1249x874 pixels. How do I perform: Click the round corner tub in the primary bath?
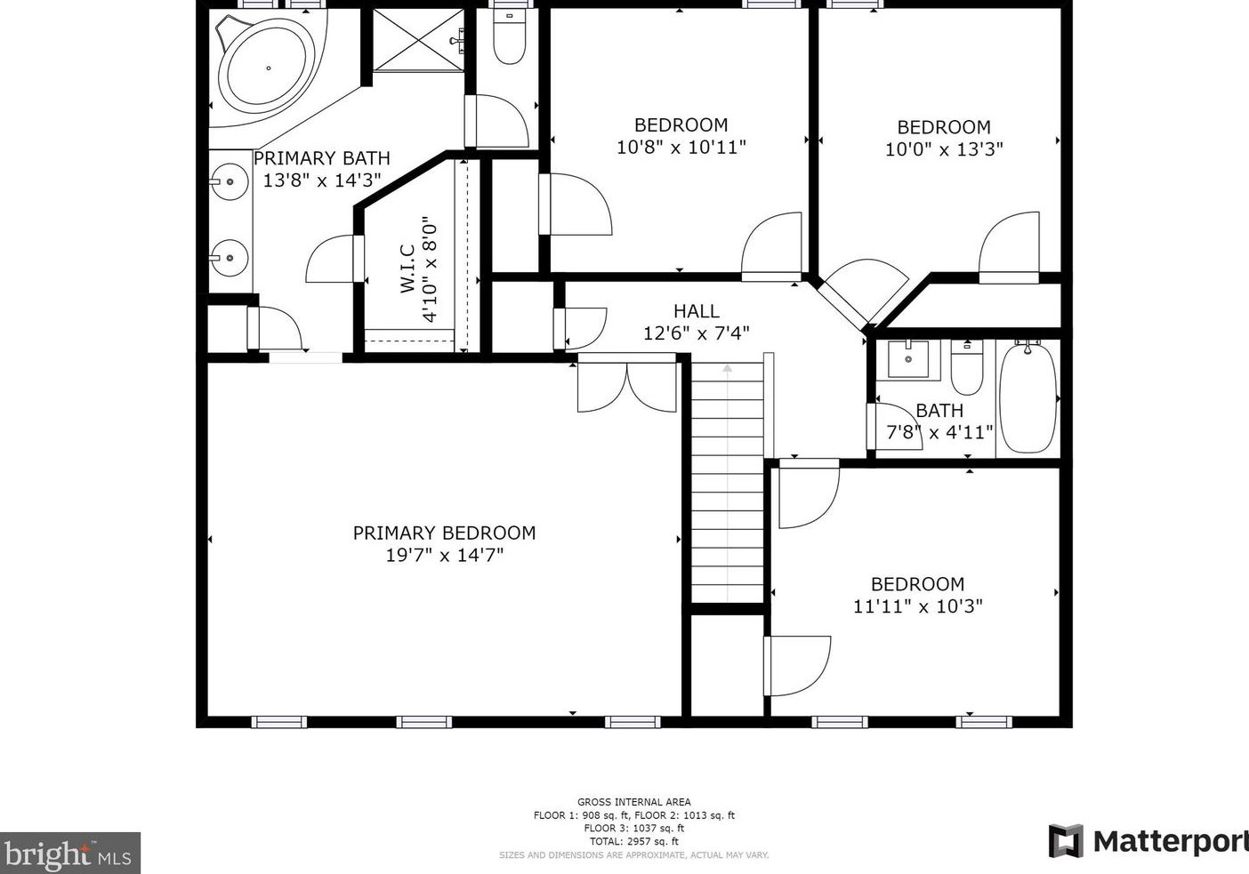coord(267,68)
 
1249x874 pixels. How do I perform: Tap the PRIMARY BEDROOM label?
coord(445,533)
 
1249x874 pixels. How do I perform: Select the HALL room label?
coord(697,310)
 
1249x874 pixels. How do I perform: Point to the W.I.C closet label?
coord(407,269)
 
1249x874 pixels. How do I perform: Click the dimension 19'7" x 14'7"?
coord(445,555)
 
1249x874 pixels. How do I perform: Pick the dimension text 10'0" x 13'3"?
coord(944,149)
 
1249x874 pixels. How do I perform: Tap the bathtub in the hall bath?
coord(1027,398)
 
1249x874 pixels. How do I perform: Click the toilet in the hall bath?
coord(967,367)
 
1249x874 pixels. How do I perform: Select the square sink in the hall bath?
coord(908,359)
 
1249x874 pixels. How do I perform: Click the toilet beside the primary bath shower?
coord(509,36)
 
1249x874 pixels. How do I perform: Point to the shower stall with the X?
coord(418,40)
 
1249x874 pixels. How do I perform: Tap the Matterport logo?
coord(1148,842)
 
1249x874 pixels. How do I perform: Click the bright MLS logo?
coord(69,853)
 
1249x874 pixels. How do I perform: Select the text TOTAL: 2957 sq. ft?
coord(634,842)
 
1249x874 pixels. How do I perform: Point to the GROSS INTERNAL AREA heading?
coord(634,802)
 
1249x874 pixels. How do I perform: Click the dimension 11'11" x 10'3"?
coord(918,605)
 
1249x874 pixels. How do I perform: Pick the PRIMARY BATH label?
coord(322,158)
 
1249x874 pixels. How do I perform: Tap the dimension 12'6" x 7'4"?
coord(697,333)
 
